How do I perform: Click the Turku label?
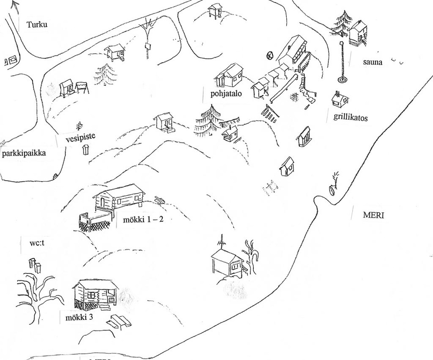[37, 24]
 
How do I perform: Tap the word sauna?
[372, 62]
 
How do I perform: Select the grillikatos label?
[351, 118]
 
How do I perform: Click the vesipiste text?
[80, 139]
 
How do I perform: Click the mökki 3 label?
[79, 317]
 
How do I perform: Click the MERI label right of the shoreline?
[373, 215]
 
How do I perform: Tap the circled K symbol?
[270, 55]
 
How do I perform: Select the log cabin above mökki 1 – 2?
[118, 197]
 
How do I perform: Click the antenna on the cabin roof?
[221, 242]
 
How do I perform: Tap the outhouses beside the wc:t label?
[35, 265]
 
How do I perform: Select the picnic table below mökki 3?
[119, 321]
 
